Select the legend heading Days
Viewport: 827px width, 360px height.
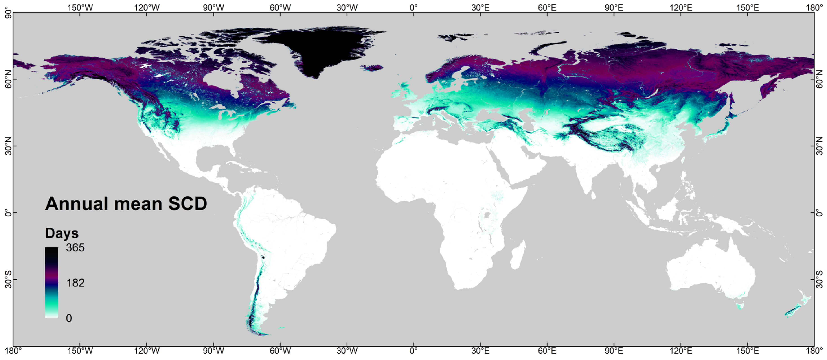[62, 233]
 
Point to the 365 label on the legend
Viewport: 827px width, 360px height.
[75, 248]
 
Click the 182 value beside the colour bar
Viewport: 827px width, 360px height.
[75, 283]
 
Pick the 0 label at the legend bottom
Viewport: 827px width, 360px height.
[69, 318]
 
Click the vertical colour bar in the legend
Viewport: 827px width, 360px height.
[52, 282]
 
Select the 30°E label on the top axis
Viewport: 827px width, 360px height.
[480, 7]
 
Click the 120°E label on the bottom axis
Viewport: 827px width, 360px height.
[681, 351]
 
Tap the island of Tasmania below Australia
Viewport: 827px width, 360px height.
[740, 306]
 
